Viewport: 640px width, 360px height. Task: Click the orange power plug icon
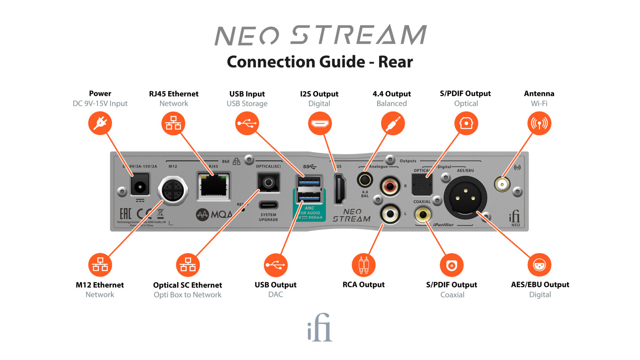pyautogui.click(x=100, y=123)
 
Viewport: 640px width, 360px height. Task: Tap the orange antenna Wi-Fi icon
pyautogui.click(x=539, y=123)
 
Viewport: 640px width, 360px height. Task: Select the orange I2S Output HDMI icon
pyautogui.click(x=320, y=123)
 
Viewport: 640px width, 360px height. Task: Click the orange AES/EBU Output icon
pyautogui.click(x=539, y=265)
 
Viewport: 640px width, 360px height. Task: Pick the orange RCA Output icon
pyautogui.click(x=363, y=265)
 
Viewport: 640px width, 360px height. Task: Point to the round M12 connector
pyautogui.click(x=173, y=190)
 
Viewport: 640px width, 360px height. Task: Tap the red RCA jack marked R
pyautogui.click(x=390, y=186)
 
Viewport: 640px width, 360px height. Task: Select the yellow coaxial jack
pyautogui.click(x=423, y=214)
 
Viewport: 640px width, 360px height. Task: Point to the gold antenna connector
pyautogui.click(x=502, y=184)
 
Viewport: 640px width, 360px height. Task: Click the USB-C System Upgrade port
pyautogui.click(x=268, y=205)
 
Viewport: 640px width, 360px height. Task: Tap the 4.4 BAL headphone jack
pyautogui.click(x=365, y=180)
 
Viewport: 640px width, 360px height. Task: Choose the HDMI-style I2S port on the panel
pyautogui.click(x=340, y=189)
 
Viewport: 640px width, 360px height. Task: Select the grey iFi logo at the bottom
pyautogui.click(x=320, y=328)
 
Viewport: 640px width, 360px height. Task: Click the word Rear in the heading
pyautogui.click(x=395, y=62)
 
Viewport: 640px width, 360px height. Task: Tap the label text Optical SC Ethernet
pyautogui.click(x=187, y=285)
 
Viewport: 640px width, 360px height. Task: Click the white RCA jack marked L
pyautogui.click(x=390, y=214)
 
